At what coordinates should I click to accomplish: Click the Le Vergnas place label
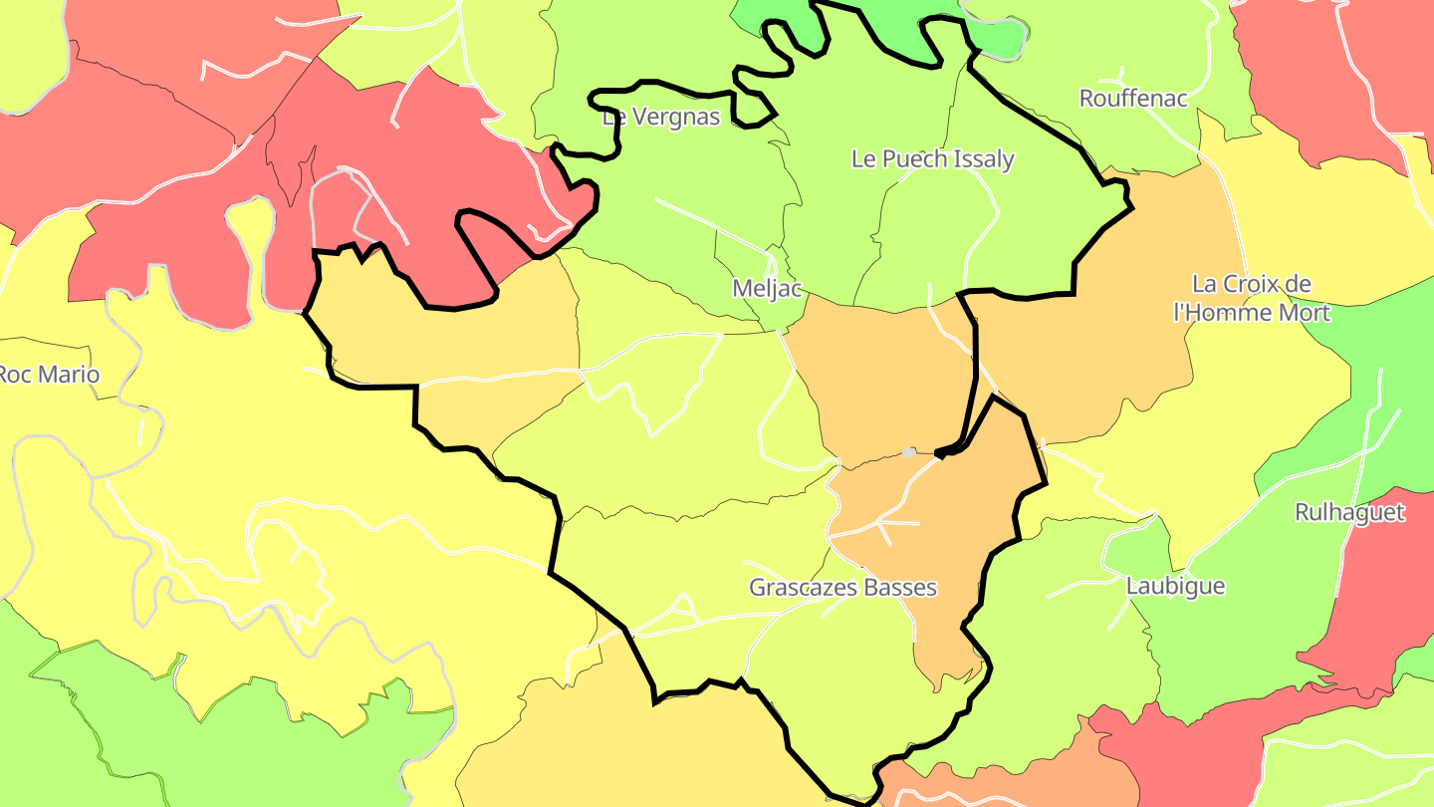coord(661,117)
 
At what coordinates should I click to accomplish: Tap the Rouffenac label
coord(1133,99)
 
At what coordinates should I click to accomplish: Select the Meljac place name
coord(767,289)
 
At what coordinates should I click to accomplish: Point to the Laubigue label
coord(1175,586)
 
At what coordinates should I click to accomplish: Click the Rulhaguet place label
coord(1349,512)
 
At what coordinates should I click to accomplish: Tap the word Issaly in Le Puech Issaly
coord(981,158)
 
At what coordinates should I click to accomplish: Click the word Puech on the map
coord(911,158)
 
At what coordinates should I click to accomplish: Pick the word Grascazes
coord(804,587)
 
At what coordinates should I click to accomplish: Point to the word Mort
coord(1304,312)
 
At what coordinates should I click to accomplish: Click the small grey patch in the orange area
coord(908,452)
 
